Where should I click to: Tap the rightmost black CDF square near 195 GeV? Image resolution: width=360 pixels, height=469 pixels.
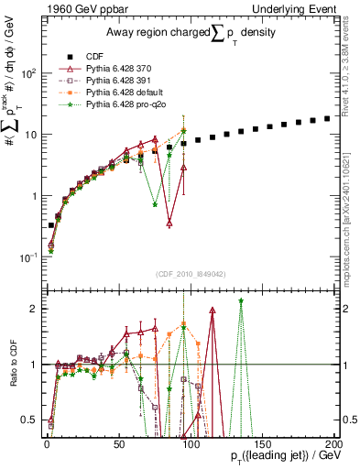[327, 119]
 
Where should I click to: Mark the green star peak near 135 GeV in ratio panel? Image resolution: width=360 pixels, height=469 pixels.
[241, 300]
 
